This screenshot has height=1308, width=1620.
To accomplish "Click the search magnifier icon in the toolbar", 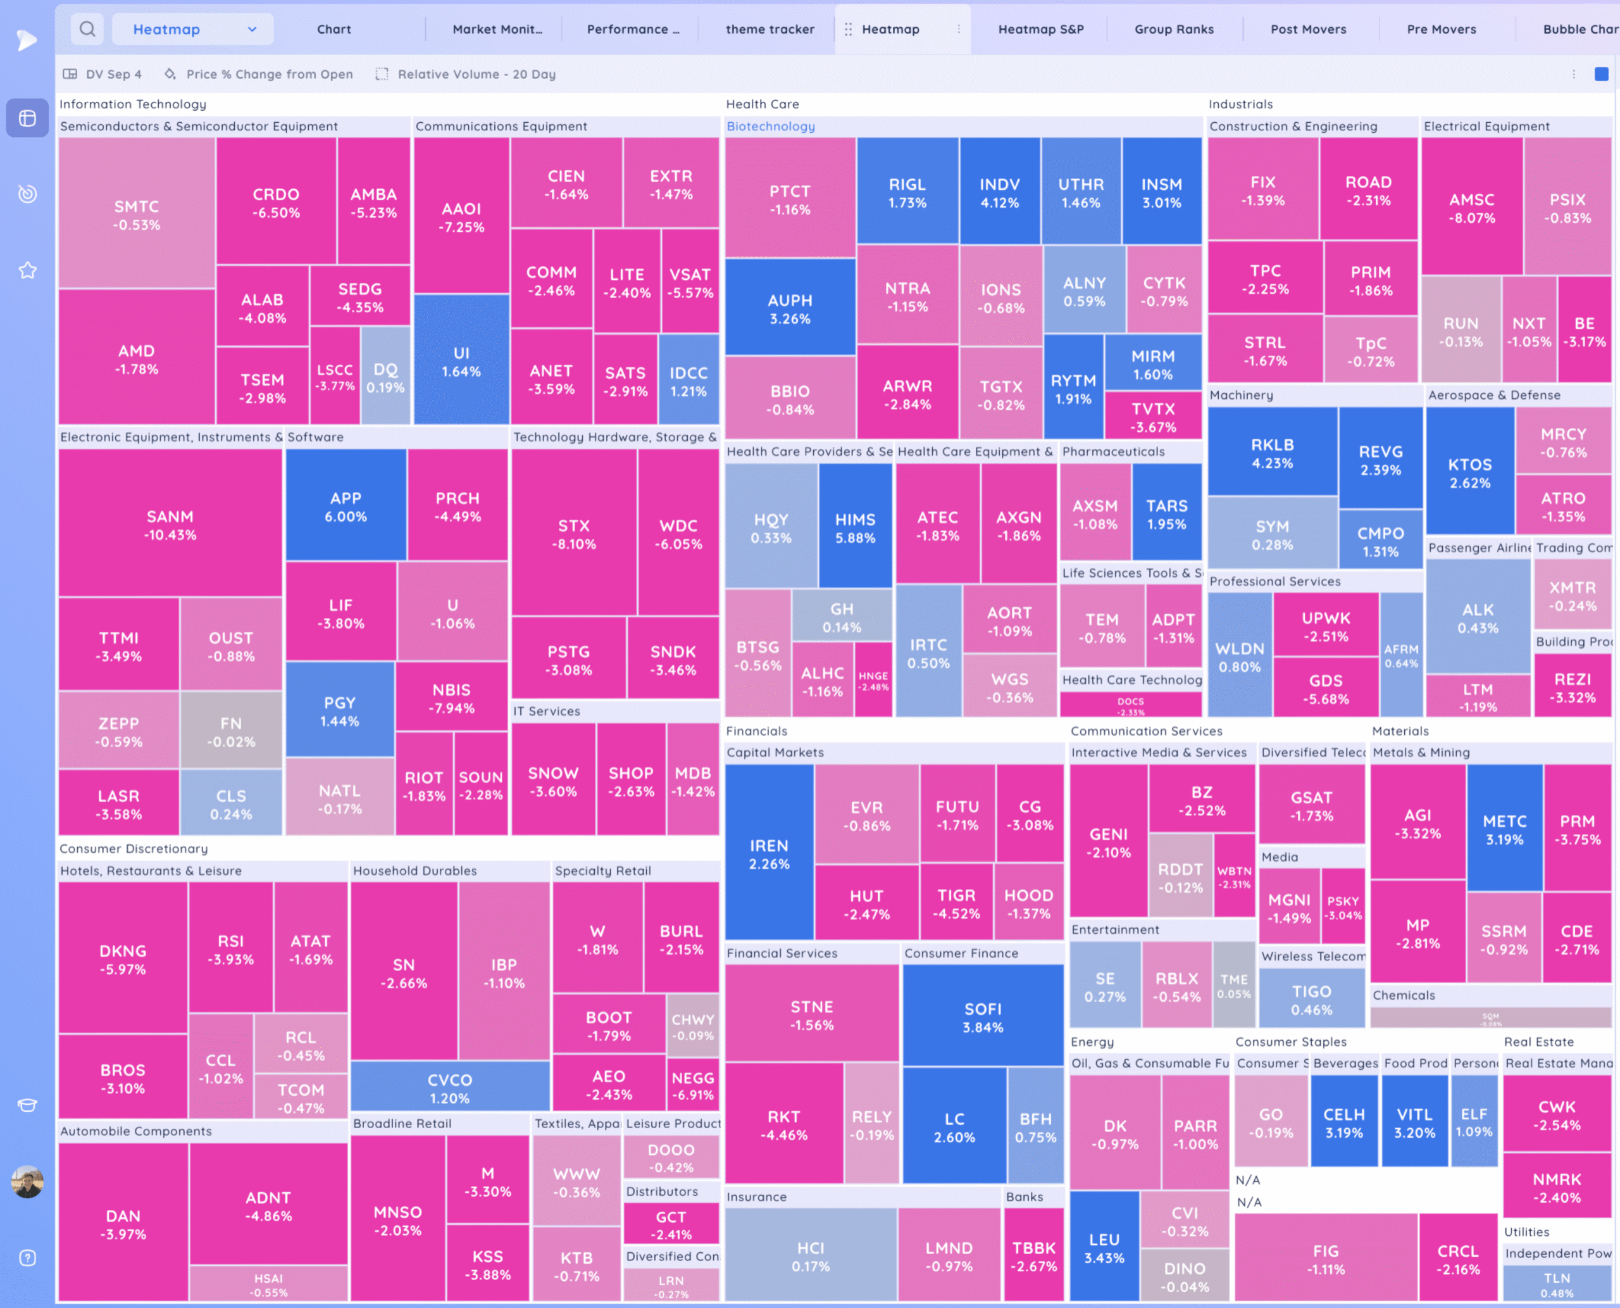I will pos(87,29).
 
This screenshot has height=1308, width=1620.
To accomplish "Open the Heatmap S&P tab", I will pos(1040,29).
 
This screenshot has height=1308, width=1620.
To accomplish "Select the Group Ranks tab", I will pos(1173,29).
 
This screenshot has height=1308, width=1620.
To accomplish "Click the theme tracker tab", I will pos(769,29).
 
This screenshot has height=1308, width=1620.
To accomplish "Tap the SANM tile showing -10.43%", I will pos(170,524).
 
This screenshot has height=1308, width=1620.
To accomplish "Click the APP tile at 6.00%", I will pos(346,506).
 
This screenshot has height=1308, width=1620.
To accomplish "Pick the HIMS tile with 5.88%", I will pos(855,527).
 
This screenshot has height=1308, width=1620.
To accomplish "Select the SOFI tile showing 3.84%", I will pos(982,1017).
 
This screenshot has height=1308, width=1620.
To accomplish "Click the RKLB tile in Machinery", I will pos(1272,453).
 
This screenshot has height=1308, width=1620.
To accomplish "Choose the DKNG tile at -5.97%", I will pos(123,959).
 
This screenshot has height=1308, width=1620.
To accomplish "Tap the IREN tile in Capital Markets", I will pos(768,853).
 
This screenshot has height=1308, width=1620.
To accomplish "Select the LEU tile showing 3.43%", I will pos(1104,1248).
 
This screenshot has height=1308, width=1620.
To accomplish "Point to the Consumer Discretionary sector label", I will pos(134,848).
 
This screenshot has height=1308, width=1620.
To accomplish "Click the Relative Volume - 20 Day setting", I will pos(475,74).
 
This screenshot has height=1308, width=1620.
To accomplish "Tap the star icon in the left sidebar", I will pos(28,270).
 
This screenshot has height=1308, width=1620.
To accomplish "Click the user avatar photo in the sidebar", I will pos(28,1181).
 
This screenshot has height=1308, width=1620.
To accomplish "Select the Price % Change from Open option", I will pos(269,74).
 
